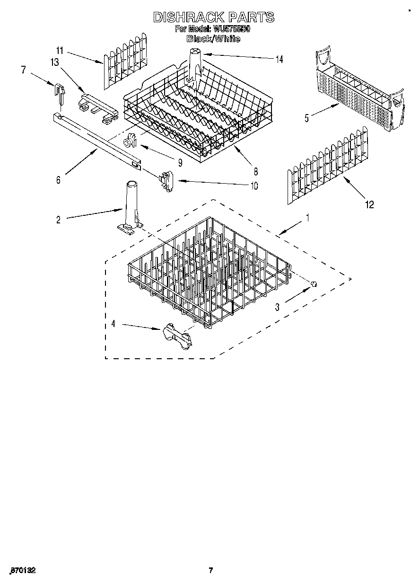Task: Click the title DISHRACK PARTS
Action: pyautogui.click(x=213, y=18)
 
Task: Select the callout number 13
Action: pyautogui.click(x=55, y=62)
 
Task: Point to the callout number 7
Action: pyautogui.click(x=23, y=70)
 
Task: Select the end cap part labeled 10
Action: pyautogui.click(x=166, y=181)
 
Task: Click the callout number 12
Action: pyautogui.click(x=369, y=204)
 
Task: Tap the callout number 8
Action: pyautogui.click(x=255, y=171)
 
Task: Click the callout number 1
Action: pyautogui.click(x=307, y=218)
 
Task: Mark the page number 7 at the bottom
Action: pyautogui.click(x=211, y=570)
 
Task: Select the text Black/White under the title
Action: pyautogui.click(x=213, y=39)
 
